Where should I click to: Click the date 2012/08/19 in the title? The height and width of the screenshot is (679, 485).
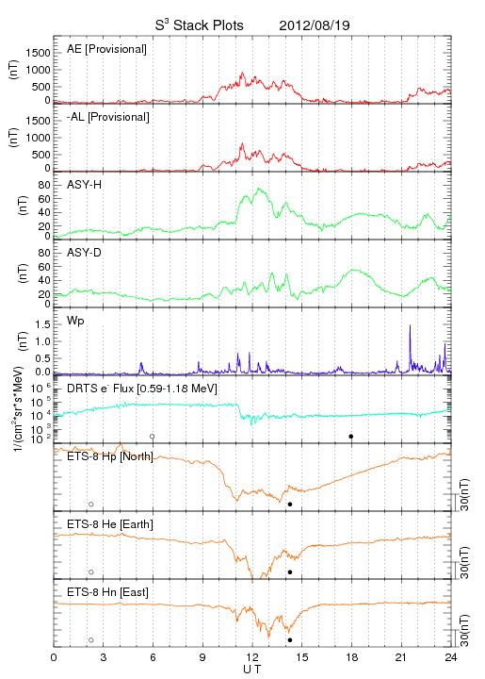tap(315, 25)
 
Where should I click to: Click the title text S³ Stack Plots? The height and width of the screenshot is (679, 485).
tap(200, 25)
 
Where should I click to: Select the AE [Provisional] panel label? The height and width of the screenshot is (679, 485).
tap(106, 49)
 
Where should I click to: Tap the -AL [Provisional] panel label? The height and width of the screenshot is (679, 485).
tap(108, 117)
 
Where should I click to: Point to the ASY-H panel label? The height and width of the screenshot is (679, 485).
tap(84, 185)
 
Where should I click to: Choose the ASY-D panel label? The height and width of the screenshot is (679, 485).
tap(84, 253)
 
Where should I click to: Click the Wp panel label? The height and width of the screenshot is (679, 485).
tap(75, 321)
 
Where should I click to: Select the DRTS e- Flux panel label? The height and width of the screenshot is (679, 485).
tap(142, 389)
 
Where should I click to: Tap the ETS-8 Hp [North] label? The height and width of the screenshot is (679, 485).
tap(110, 456)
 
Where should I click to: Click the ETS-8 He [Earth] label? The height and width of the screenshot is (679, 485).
tap(110, 524)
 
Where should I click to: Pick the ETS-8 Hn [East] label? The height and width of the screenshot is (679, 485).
tap(107, 592)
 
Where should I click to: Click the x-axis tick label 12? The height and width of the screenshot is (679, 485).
tap(252, 657)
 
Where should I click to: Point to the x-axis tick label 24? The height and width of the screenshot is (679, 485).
tap(451, 657)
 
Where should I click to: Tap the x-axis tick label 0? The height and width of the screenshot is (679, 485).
tap(54, 657)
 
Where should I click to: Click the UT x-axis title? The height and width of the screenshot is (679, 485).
tap(252, 670)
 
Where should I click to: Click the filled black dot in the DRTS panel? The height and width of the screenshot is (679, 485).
tap(351, 437)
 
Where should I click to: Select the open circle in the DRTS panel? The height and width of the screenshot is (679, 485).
tap(153, 437)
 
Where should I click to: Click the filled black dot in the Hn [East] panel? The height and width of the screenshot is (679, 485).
tap(290, 640)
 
